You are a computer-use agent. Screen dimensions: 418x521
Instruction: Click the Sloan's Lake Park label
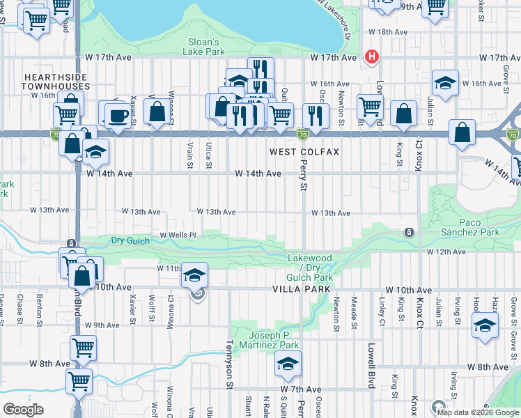tap(205, 46)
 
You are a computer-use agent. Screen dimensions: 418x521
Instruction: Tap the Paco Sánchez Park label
tap(470, 226)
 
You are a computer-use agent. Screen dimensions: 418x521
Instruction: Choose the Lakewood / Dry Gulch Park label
tap(311, 268)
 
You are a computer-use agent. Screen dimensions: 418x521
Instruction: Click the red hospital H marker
tap(373, 56)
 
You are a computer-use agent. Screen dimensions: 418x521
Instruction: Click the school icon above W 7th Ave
tap(287, 363)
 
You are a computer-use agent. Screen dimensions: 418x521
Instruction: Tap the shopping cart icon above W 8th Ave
tap(83, 347)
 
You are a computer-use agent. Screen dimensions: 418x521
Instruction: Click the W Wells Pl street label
tap(178, 235)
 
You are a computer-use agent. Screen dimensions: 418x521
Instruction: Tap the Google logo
tap(24, 410)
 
